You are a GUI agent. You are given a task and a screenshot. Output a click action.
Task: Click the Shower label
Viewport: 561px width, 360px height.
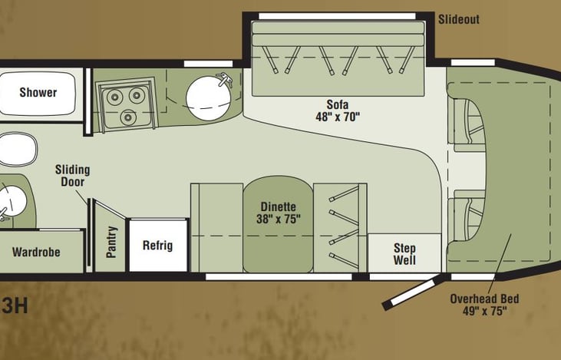coord(38,93)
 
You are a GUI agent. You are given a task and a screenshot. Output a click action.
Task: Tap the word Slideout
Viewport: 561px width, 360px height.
coord(458,19)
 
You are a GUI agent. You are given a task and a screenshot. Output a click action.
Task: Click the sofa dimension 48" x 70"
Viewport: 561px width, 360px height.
coord(338,117)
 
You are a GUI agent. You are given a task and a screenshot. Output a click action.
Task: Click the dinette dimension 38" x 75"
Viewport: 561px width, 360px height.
coord(279,219)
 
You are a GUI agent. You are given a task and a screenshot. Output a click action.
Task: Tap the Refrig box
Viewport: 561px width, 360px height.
coord(158,246)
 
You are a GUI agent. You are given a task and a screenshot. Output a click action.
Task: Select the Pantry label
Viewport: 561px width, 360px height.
coord(112,241)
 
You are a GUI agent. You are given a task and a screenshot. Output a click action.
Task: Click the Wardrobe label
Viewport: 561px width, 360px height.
coord(36,252)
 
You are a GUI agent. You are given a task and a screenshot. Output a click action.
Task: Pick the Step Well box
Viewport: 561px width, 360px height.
coord(404,254)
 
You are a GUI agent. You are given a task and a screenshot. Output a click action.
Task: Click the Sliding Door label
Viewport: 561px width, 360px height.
coord(72,176)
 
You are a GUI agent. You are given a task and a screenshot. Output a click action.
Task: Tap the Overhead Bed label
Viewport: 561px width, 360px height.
coord(480,297)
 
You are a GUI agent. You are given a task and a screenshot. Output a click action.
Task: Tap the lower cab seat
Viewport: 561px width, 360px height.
coord(467,217)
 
